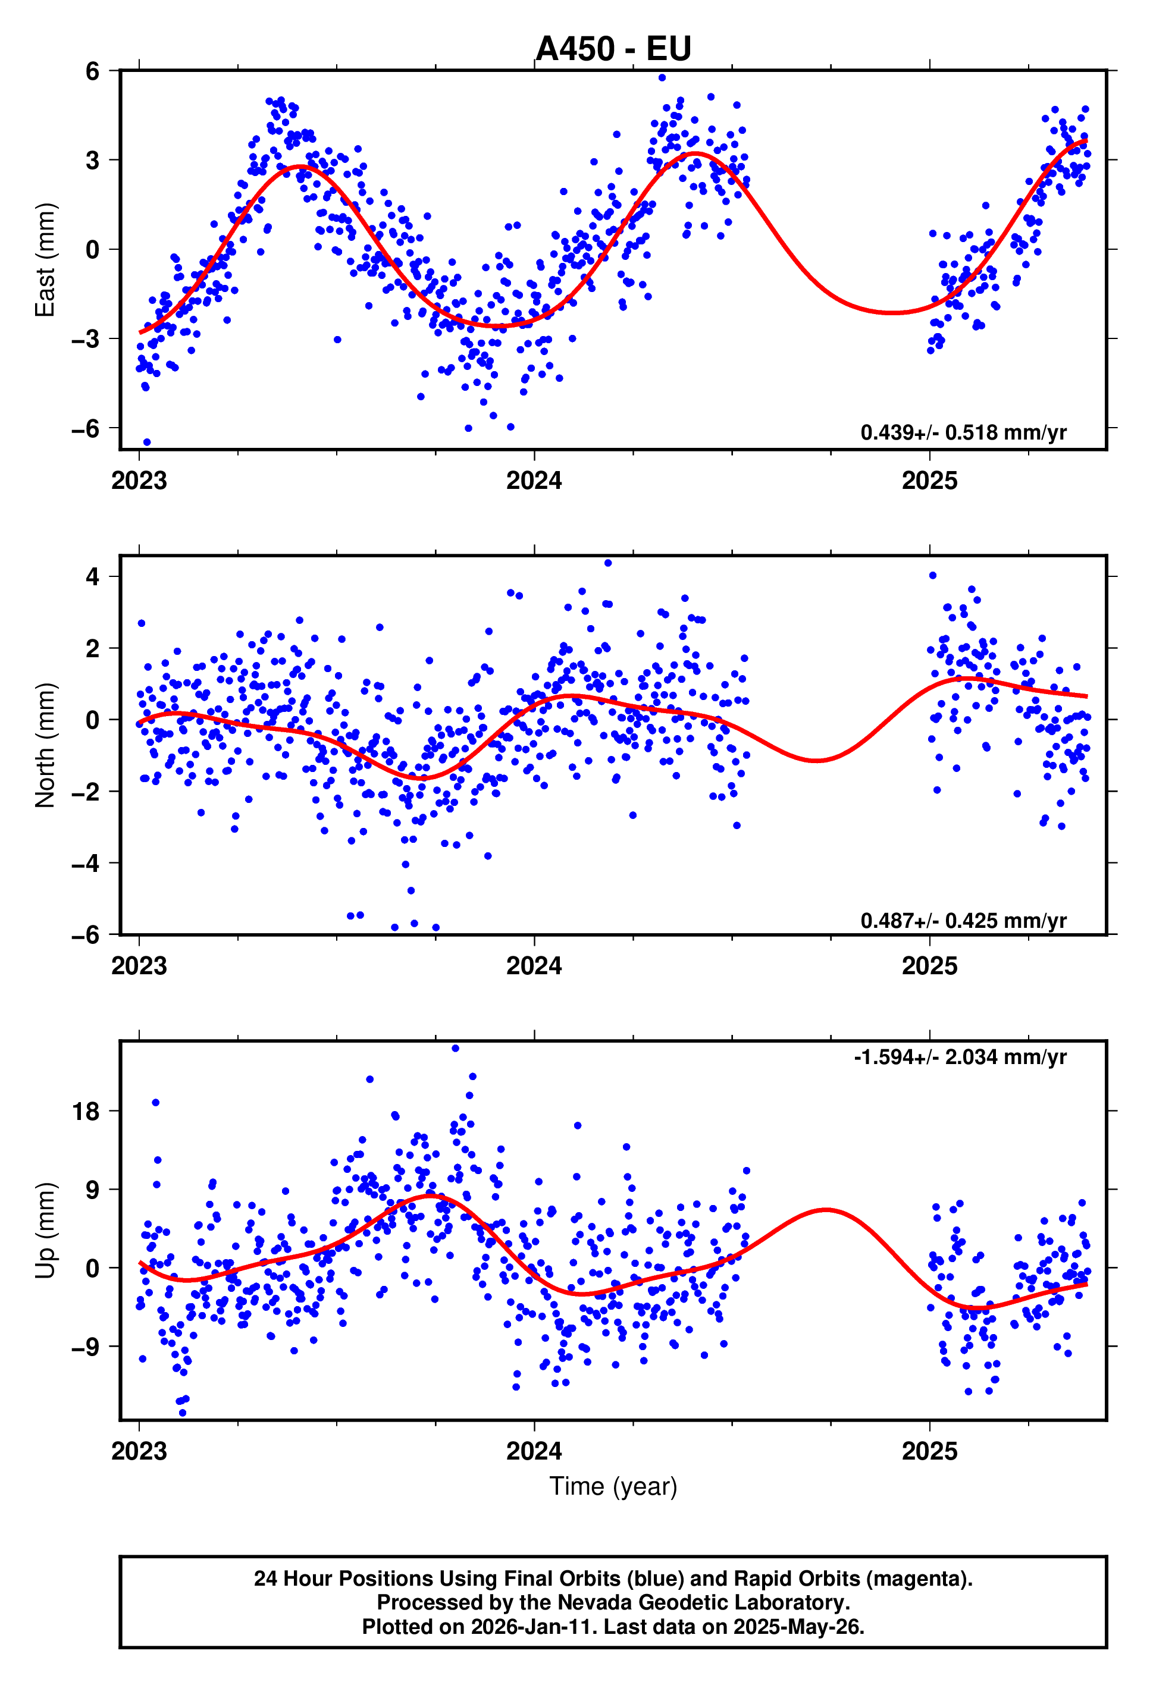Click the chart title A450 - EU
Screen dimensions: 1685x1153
pos(613,49)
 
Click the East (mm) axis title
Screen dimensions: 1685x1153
pos(45,259)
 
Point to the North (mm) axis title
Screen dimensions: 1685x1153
pos(45,745)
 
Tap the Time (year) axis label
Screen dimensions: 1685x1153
pos(613,1486)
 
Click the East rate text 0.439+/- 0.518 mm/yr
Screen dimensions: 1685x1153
pos(963,432)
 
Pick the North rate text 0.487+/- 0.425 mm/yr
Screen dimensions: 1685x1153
pos(963,920)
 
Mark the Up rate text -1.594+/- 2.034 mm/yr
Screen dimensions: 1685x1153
pos(960,1056)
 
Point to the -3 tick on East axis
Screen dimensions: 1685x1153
pos(86,338)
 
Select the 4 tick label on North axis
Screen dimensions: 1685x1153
pos(92,576)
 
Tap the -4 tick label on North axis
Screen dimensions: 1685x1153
pos(86,863)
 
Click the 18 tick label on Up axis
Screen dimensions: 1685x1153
pos(86,1111)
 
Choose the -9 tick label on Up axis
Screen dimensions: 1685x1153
pos(86,1347)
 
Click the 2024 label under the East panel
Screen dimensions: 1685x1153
pos(534,481)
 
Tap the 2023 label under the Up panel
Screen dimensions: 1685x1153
pos(139,1451)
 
